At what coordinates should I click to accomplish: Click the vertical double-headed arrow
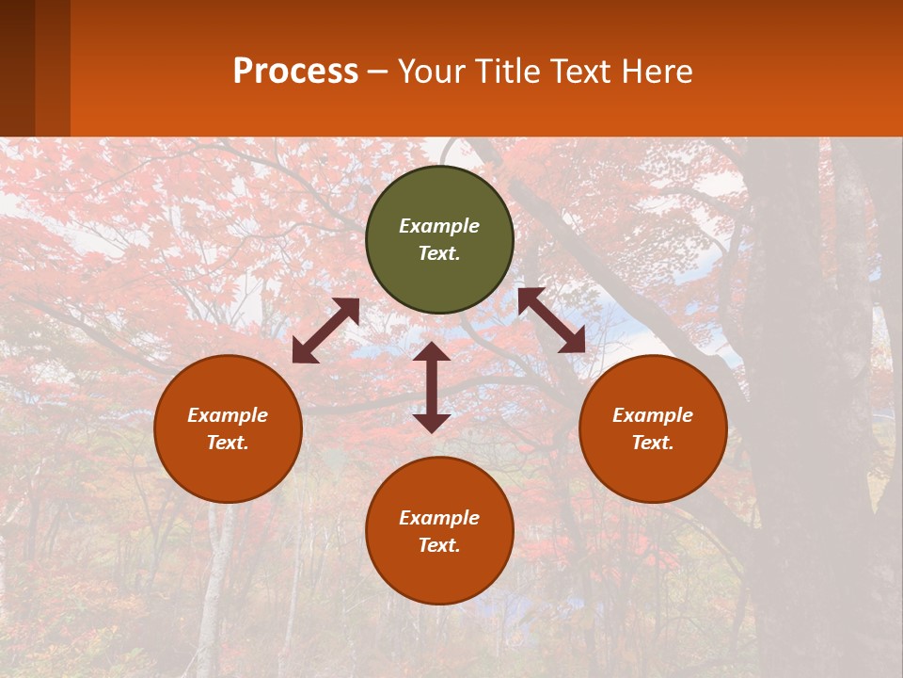pos(432,388)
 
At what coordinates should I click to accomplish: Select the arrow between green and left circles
pos(325,331)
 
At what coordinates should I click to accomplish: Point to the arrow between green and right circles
pos(551,321)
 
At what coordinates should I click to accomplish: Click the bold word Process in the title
pos(295,71)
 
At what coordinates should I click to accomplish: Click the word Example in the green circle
pos(439,226)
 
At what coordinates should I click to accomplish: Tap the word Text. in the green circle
pos(439,253)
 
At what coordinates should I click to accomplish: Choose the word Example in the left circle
pos(228,415)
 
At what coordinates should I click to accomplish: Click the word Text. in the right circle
pos(653,443)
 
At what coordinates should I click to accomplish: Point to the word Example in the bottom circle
pos(439,518)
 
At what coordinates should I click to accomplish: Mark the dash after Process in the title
pos(378,73)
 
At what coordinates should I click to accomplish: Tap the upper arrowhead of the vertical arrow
pos(432,352)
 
